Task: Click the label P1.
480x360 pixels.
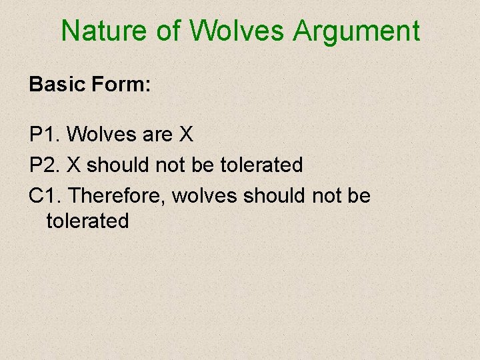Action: pos(45,135)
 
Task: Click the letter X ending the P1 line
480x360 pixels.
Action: pos(186,135)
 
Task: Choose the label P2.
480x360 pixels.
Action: pos(45,164)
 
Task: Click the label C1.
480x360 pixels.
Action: pos(45,195)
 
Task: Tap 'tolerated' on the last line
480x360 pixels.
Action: pos(87,221)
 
